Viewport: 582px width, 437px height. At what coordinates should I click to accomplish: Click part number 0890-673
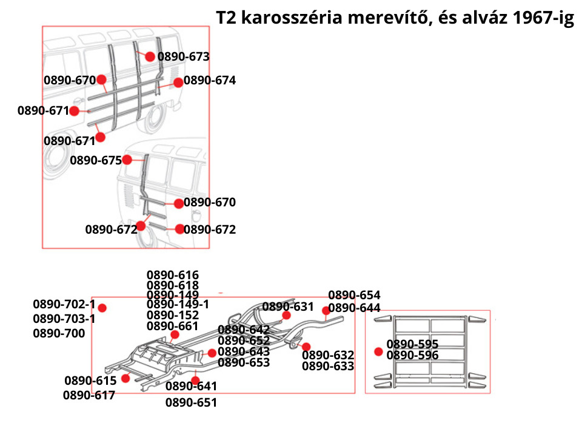(x=184, y=57)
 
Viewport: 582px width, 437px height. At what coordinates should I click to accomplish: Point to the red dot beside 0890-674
(x=178, y=83)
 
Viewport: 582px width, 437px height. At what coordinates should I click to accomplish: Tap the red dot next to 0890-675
(x=127, y=160)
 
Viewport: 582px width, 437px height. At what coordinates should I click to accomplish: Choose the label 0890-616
(x=173, y=275)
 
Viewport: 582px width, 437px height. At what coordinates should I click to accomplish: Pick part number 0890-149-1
(x=178, y=304)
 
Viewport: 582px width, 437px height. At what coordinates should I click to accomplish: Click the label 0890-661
(x=173, y=326)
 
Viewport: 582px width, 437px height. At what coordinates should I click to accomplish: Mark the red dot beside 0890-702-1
(x=102, y=308)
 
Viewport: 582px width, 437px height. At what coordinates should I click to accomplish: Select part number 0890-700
(x=59, y=333)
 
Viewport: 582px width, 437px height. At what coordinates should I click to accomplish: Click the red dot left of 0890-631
(x=286, y=316)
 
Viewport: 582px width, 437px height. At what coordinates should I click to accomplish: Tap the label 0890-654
(x=354, y=296)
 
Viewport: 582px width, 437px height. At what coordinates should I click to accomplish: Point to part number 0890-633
(x=328, y=366)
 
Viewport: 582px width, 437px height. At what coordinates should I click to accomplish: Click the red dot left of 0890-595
(x=379, y=351)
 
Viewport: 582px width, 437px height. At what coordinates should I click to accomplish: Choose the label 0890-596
(x=412, y=356)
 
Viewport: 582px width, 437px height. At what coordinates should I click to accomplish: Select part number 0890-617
(x=89, y=395)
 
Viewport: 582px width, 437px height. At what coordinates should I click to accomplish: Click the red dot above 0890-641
(x=195, y=381)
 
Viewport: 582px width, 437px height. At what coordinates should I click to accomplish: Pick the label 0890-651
(x=191, y=402)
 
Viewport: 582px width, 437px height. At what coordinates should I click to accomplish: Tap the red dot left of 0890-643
(x=212, y=353)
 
